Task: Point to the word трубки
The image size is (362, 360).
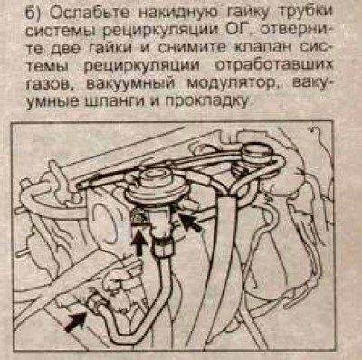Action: (x=306, y=13)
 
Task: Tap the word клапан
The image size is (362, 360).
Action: (x=255, y=48)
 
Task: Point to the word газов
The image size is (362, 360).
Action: (x=50, y=83)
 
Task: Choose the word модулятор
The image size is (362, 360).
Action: (x=232, y=83)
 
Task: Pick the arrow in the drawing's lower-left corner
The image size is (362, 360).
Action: (x=76, y=321)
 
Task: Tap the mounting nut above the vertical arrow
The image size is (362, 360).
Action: (x=139, y=217)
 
